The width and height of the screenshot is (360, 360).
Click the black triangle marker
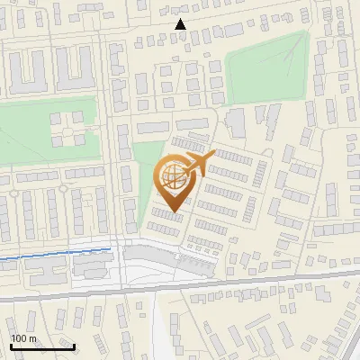(181, 24)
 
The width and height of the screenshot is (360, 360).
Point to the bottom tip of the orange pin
(171, 212)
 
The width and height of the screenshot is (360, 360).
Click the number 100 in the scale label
(19, 338)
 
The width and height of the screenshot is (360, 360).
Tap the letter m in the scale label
(33, 338)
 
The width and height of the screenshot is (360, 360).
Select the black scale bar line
(41, 346)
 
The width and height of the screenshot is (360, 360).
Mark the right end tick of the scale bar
(74, 345)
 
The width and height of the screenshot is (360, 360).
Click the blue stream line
(54, 256)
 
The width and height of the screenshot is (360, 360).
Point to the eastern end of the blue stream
(111, 248)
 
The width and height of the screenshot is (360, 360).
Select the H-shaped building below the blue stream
(91, 267)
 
